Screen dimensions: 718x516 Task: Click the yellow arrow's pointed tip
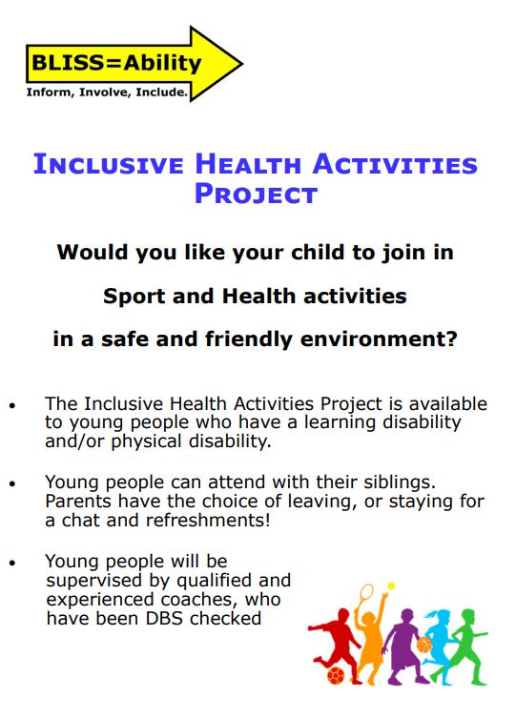point(241,64)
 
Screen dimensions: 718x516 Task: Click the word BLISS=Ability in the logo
point(117,64)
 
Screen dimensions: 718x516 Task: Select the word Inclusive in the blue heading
point(109,164)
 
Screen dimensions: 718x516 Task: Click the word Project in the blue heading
point(255,195)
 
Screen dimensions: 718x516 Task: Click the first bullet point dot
point(12,405)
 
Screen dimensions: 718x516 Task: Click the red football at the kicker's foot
point(336,674)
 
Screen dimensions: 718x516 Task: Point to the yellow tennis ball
point(391,585)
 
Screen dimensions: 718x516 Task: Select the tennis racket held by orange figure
point(367,598)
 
